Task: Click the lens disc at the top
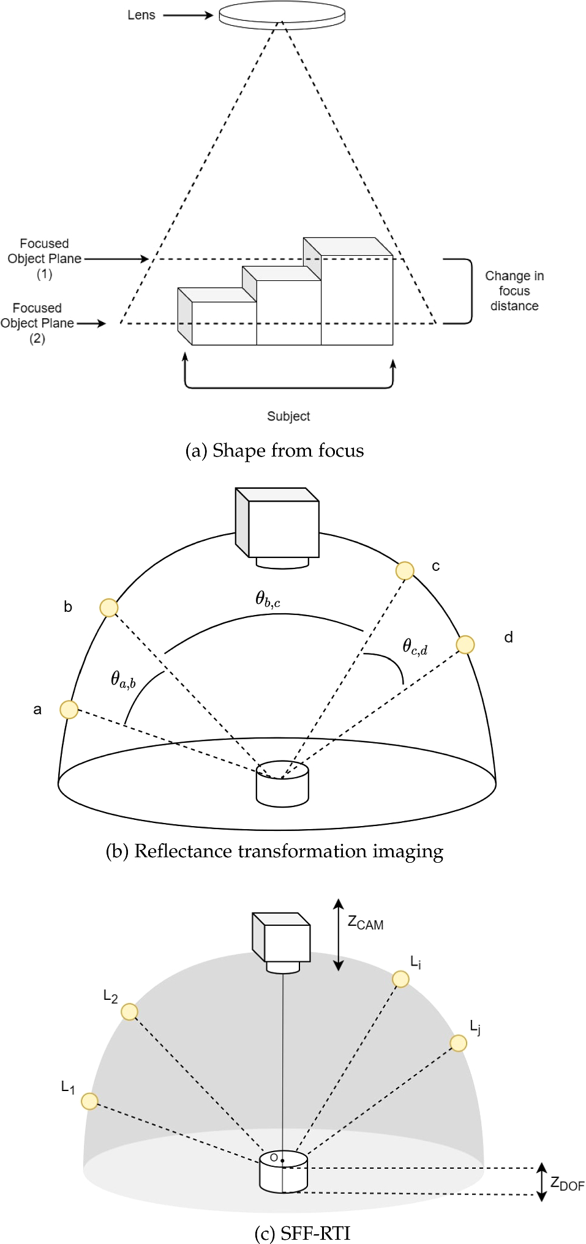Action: (x=282, y=14)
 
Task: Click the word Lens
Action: (x=141, y=15)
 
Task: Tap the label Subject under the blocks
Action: (x=288, y=416)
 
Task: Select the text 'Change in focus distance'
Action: (x=514, y=291)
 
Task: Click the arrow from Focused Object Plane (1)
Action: (x=116, y=259)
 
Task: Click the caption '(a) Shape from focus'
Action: (x=274, y=451)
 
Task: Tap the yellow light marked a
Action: (x=69, y=709)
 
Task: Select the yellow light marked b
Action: (x=109, y=608)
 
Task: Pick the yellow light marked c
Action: (x=405, y=570)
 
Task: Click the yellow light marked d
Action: (x=465, y=644)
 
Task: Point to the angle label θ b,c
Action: (x=268, y=598)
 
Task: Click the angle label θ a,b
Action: (x=123, y=679)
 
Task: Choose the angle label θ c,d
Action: (x=415, y=647)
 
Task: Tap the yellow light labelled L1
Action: (x=89, y=1101)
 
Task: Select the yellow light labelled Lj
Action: (x=458, y=1043)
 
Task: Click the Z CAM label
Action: (x=366, y=923)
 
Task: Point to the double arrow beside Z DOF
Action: (x=541, y=1182)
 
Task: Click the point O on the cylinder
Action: (x=282, y=1160)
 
